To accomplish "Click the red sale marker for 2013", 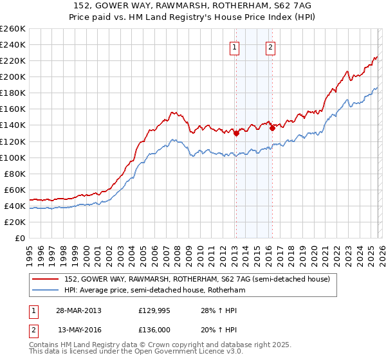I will click(x=236, y=134).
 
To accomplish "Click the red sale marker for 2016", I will click(x=272, y=128).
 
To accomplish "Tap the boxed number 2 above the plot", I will click(x=270, y=47).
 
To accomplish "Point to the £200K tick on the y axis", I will click(x=13, y=76).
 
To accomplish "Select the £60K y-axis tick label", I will click(x=15, y=190).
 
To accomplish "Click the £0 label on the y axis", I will click(x=19, y=238).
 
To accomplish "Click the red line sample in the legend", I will click(x=46, y=279).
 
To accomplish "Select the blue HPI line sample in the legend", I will click(x=46, y=291).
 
